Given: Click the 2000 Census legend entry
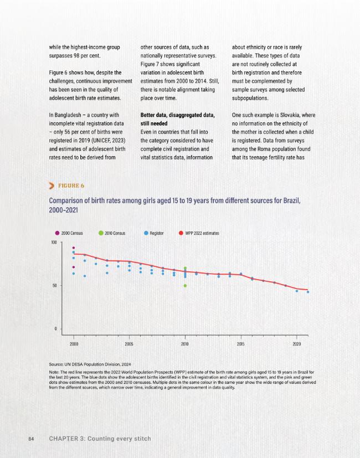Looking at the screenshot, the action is [69, 233].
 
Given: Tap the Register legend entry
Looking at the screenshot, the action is [154, 233].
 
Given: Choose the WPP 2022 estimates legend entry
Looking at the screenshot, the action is [199, 233].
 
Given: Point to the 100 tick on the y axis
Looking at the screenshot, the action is [54, 243].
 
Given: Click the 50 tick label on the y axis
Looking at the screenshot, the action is [55, 285].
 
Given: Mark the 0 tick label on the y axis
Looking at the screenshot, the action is [55, 328].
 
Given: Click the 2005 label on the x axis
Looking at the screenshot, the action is [129, 344].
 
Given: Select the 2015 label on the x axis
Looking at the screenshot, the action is [241, 344].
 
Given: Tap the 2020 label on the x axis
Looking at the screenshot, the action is [297, 344].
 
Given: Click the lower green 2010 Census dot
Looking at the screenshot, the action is [185, 286].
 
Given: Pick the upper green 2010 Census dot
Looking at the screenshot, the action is [185, 268].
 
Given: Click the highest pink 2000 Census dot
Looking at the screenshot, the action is [74, 248].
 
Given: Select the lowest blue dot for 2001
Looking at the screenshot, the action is [85, 276].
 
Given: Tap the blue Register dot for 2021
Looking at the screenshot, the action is [308, 292].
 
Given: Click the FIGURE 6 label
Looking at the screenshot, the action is [71, 186].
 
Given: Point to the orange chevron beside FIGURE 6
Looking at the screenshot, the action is [52, 186].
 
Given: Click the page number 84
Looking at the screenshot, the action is [31, 439].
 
